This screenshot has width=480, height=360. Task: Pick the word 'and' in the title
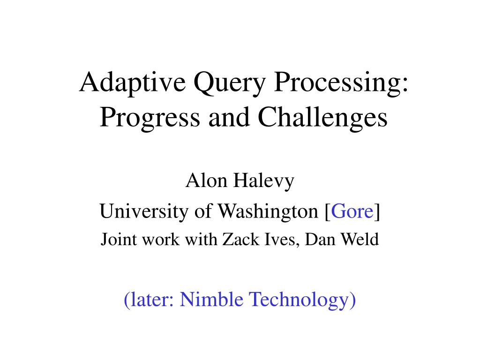click(x=225, y=118)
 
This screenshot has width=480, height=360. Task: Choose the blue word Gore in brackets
click(x=352, y=212)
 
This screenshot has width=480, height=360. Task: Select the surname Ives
click(x=281, y=240)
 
